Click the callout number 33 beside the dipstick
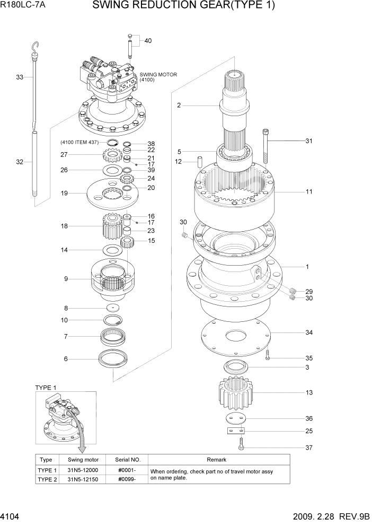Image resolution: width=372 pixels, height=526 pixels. [x=20, y=77]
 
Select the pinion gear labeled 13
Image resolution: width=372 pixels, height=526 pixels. [x=235, y=393]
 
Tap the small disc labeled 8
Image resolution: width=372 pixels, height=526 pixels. [x=113, y=308]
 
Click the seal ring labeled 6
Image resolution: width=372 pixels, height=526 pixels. [x=113, y=358]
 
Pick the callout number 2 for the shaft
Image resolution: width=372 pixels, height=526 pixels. [x=179, y=106]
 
